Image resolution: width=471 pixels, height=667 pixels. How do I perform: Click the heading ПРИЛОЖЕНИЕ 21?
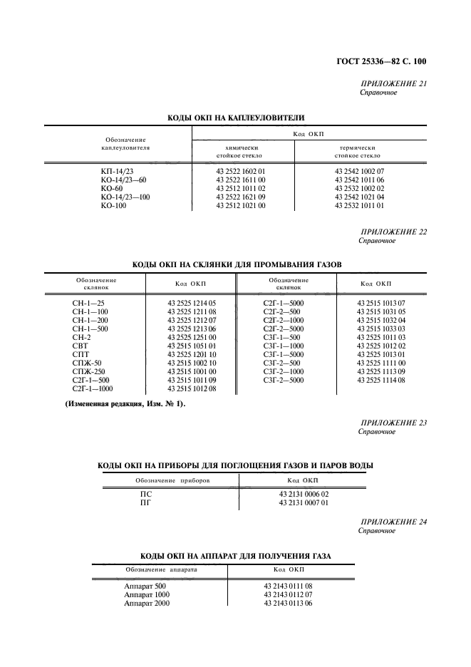pyautogui.click(x=393, y=83)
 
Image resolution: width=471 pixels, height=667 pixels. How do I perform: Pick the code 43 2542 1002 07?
pyautogui.click(x=359, y=172)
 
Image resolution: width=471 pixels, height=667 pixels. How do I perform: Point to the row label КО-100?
pyautogui.click(x=113, y=206)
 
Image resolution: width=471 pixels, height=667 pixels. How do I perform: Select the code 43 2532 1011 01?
pyautogui.click(x=359, y=206)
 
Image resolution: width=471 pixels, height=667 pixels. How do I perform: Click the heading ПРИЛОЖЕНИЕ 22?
pyautogui.click(x=393, y=232)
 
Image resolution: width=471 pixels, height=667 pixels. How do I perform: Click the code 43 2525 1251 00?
pyautogui.click(x=191, y=337)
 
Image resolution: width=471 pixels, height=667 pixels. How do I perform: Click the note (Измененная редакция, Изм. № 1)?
pyautogui.click(x=125, y=404)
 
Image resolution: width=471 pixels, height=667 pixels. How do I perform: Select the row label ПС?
pyautogui.click(x=145, y=494)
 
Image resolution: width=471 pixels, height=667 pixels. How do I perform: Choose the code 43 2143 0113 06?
pyautogui.click(x=288, y=602)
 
